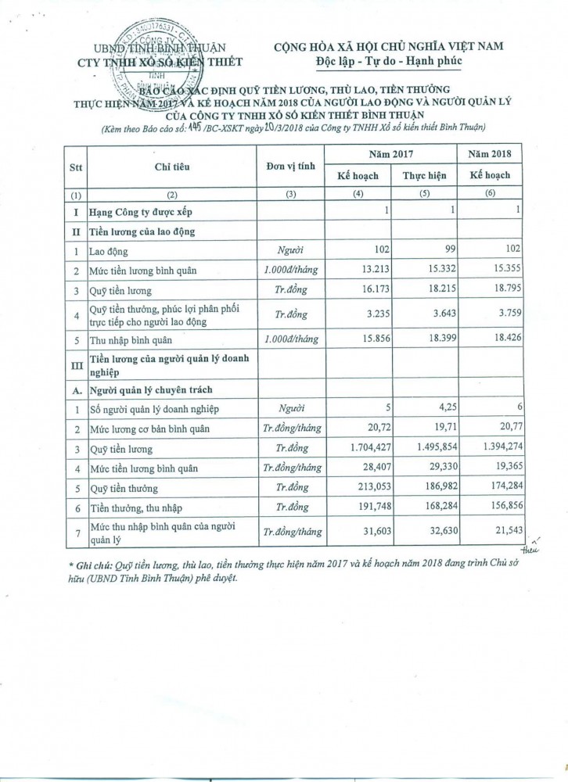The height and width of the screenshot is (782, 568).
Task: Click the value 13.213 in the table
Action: [364, 271]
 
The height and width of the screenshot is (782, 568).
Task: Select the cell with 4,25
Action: [434, 408]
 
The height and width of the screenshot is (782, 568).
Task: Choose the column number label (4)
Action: [359, 195]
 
